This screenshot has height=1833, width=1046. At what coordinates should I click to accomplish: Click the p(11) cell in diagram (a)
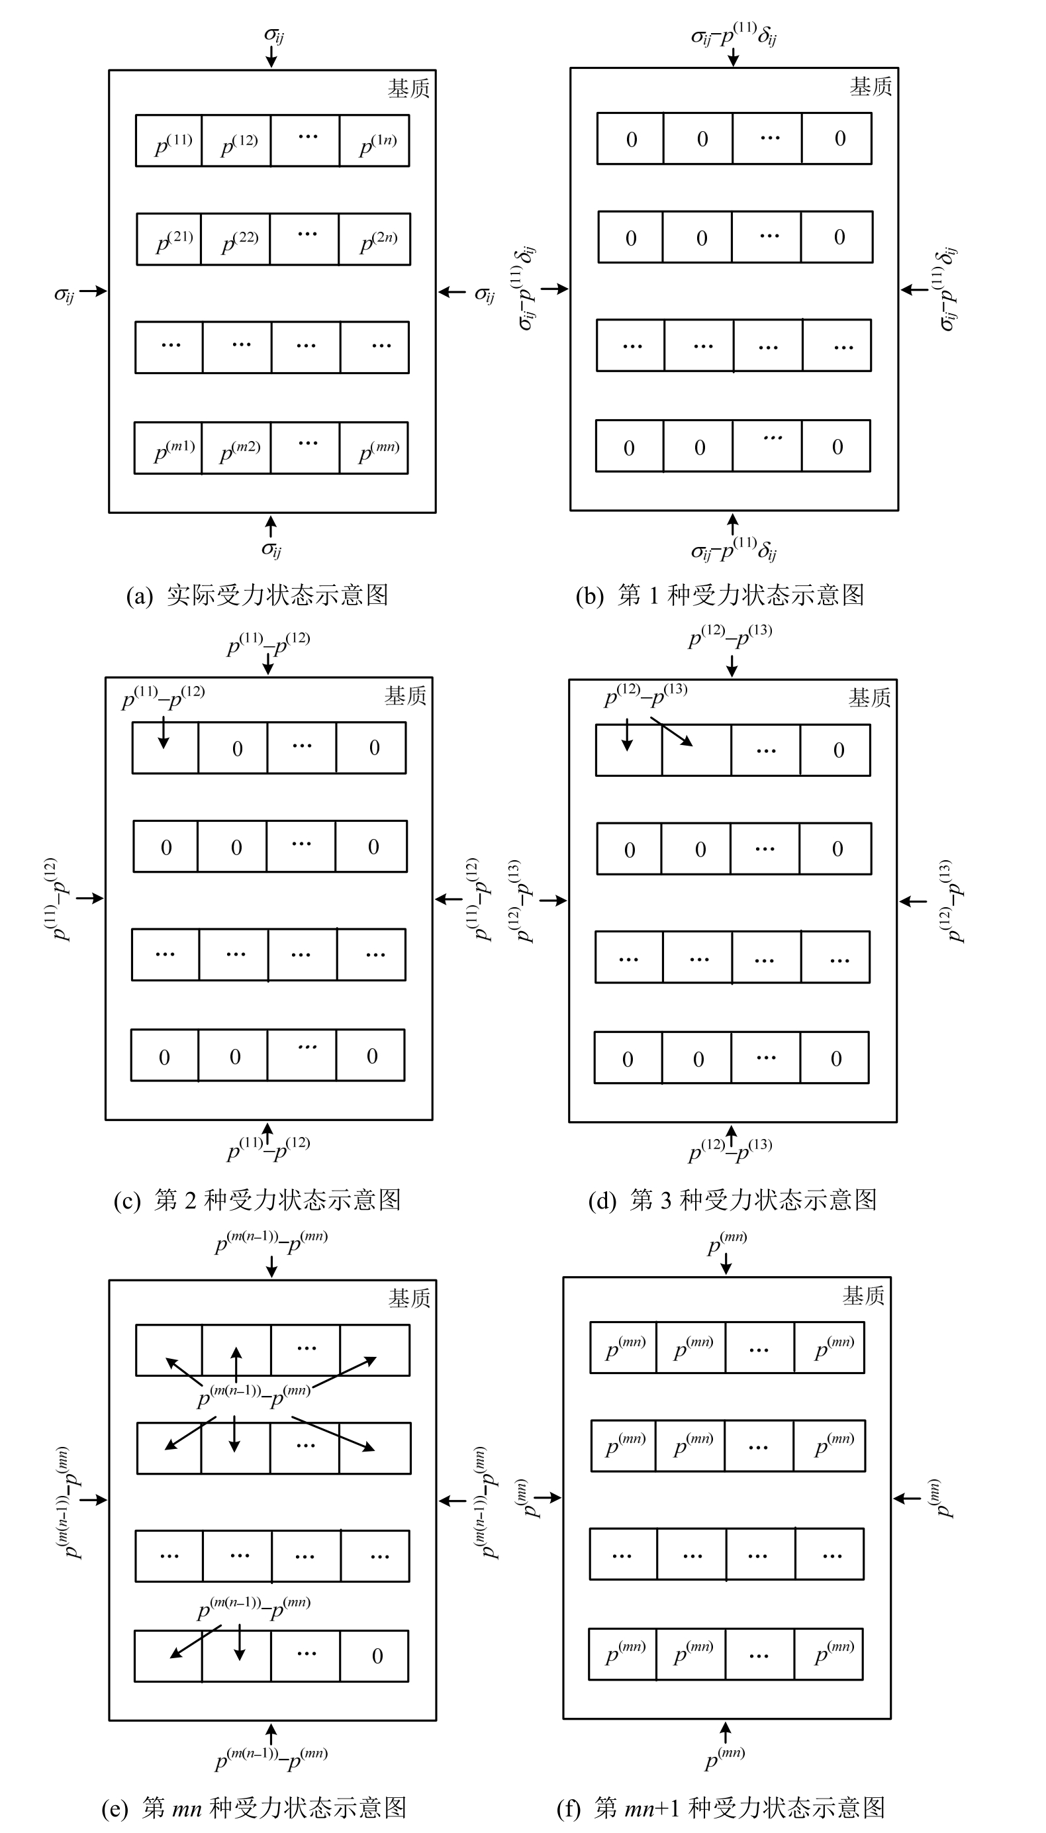coord(169,141)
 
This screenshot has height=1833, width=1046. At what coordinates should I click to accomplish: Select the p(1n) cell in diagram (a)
coord(375,141)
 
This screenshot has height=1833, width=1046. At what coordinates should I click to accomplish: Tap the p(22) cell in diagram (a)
coord(237,239)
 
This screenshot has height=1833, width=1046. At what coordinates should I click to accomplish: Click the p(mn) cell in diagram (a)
coord(374,448)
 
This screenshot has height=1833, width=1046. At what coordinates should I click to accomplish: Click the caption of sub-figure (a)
coord(256,595)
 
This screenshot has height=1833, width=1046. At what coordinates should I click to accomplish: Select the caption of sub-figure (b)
coord(720,595)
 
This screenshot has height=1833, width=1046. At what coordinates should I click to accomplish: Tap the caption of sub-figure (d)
coord(732,1199)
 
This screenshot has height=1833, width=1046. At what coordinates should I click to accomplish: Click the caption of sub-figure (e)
coord(254,1807)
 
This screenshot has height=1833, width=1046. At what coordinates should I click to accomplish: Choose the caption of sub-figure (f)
coord(720,1807)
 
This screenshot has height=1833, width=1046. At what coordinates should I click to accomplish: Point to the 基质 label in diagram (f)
coord(863,1295)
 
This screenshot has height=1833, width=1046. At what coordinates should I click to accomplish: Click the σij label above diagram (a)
coord(273,34)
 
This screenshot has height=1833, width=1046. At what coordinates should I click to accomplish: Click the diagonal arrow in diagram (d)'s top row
coord(676,733)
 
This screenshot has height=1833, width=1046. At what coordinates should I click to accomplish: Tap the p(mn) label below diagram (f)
coord(725,1758)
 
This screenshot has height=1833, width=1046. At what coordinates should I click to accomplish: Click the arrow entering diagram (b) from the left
coord(554,289)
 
